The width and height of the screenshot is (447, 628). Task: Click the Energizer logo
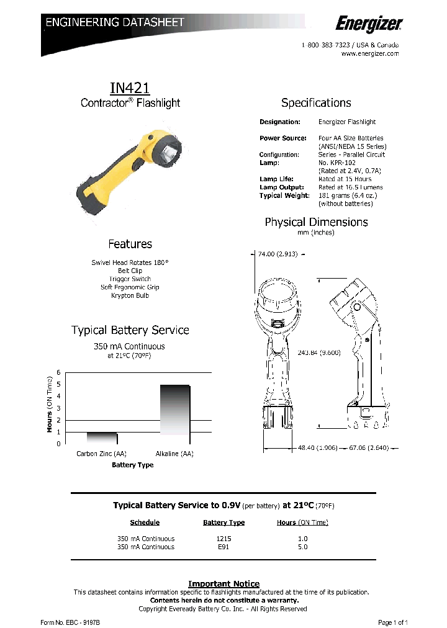tap(369, 24)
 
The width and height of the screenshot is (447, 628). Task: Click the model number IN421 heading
tap(130, 88)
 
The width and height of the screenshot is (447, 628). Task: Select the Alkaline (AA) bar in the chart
tap(174, 409)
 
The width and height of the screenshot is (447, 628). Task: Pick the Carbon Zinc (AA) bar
tap(101, 437)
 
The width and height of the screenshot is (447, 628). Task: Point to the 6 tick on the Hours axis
tap(59, 372)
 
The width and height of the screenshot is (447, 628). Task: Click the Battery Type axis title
tap(132, 465)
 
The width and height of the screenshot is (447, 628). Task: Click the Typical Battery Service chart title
tap(130, 330)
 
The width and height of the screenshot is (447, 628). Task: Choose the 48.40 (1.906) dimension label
tap(317, 447)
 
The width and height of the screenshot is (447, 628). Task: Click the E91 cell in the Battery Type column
tap(223, 547)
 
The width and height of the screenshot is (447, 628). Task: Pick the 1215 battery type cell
tap(223, 539)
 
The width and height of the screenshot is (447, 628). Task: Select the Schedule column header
tap(145, 523)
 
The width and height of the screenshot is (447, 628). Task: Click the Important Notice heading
tap(223, 584)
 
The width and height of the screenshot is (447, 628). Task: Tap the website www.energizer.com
tap(370, 54)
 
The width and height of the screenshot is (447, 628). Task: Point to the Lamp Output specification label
tap(282, 187)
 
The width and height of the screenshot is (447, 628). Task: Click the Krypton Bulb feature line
tap(130, 295)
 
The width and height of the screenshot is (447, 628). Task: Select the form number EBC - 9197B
tap(70, 621)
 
